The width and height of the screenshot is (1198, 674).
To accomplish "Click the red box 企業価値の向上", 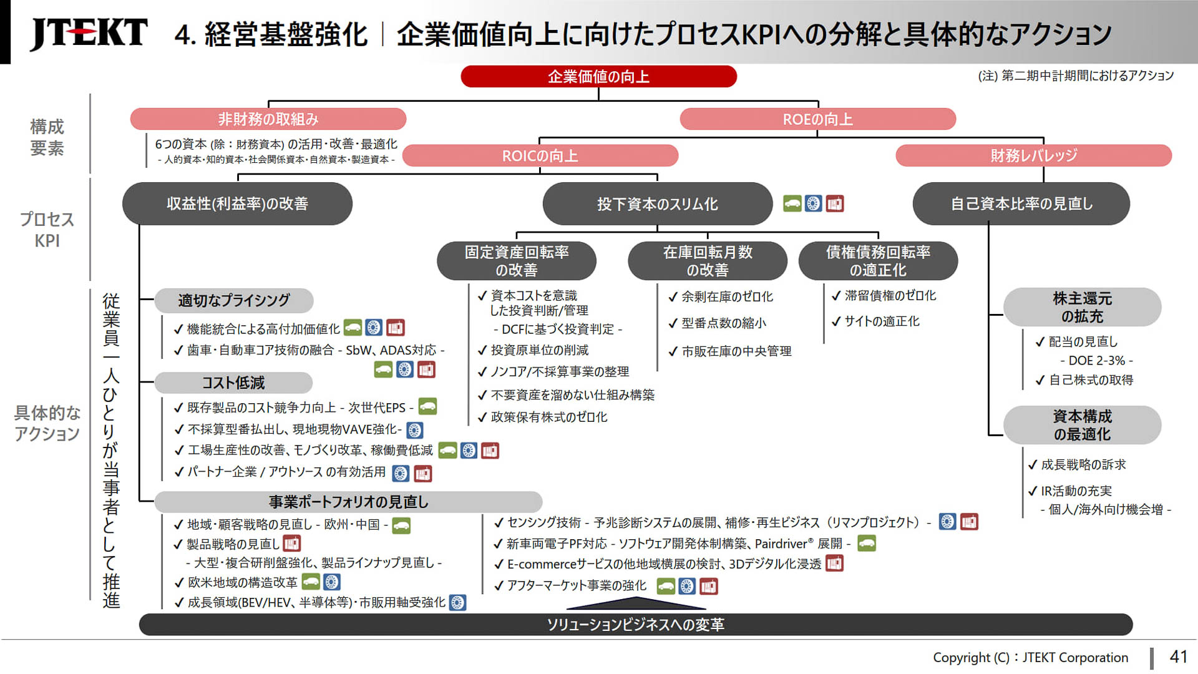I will click(x=598, y=77).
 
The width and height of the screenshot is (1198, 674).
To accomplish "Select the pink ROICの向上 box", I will click(x=540, y=155).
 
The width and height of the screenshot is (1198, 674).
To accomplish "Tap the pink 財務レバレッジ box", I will click(x=1033, y=155).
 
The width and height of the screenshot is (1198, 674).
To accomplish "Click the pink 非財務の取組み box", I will click(x=268, y=119).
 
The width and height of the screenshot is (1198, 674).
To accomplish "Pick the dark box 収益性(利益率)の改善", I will click(x=237, y=203).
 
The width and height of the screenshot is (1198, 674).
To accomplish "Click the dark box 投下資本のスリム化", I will click(x=657, y=204).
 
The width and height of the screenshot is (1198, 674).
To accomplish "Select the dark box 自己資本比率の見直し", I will click(x=1021, y=203).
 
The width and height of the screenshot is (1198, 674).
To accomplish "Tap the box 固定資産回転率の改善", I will click(x=516, y=261).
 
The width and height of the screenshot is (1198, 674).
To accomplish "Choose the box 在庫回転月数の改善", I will click(x=707, y=261).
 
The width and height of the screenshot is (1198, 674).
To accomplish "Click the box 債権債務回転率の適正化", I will click(x=877, y=261).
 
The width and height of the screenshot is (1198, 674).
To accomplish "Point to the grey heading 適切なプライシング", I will click(x=233, y=300).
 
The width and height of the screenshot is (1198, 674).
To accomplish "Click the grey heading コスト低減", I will click(x=233, y=383).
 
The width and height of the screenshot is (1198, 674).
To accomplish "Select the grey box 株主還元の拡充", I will click(x=1082, y=307).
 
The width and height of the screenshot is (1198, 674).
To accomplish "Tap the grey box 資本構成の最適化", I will click(x=1082, y=425).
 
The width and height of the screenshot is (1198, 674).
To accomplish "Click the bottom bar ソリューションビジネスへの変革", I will click(x=635, y=625).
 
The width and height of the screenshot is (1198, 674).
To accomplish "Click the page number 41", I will click(x=1178, y=657).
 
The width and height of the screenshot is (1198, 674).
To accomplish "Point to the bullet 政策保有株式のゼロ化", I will click(x=548, y=417).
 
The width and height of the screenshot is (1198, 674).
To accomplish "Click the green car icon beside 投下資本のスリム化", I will click(x=792, y=203).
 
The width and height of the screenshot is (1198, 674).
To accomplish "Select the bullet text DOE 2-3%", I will click(x=1096, y=361).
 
